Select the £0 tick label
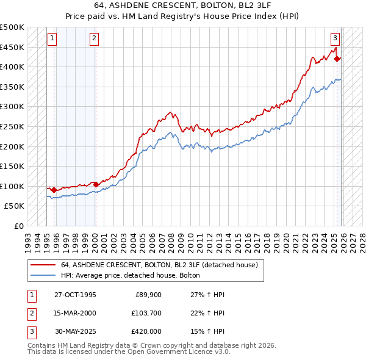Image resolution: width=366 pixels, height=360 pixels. [x=20, y=226]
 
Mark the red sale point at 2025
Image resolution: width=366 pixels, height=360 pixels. [x=337, y=59]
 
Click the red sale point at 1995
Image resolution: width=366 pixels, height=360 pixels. [x=54, y=190]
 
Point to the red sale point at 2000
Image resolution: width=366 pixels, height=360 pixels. [x=96, y=184]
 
